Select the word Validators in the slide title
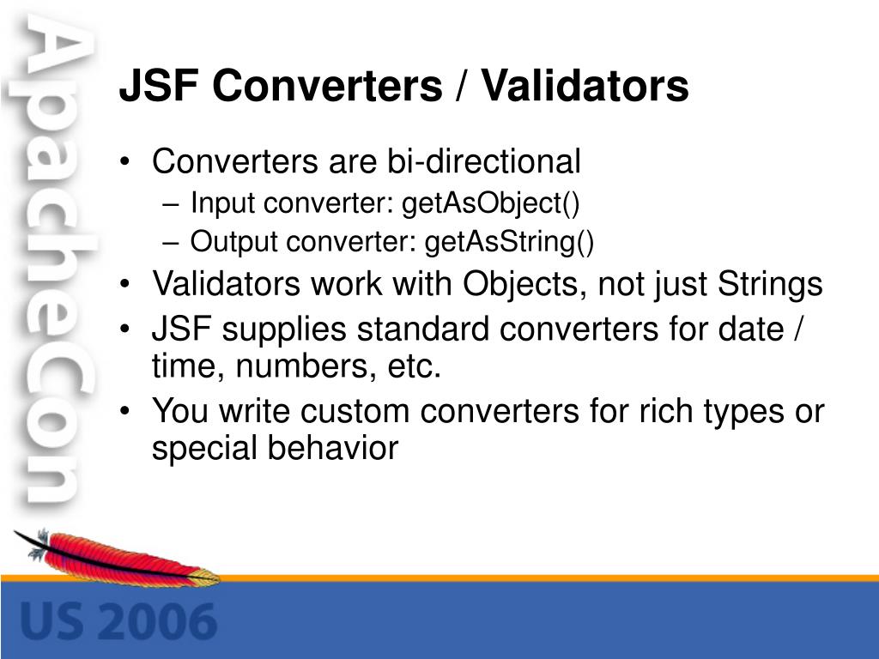(x=585, y=86)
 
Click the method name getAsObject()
(x=491, y=204)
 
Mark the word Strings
(x=768, y=285)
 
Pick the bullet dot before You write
(x=127, y=413)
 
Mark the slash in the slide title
(x=462, y=86)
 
